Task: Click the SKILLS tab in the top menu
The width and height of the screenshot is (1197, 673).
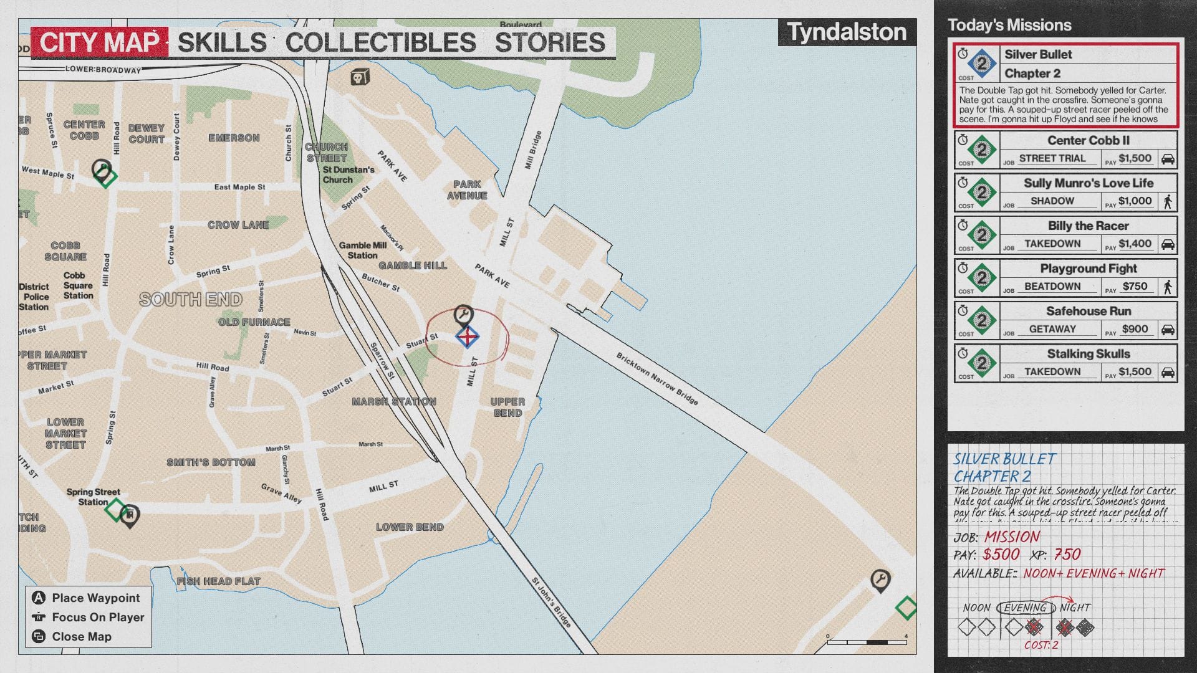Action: click(222, 42)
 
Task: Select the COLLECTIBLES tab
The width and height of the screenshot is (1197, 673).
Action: click(380, 42)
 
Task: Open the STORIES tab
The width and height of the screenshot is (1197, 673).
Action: click(549, 42)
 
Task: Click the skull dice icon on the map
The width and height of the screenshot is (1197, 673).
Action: click(359, 77)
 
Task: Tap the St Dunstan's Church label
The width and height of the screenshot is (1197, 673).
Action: click(348, 174)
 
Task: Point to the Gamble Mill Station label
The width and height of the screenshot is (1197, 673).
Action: click(363, 250)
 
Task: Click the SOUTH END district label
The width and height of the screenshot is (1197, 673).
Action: click(191, 300)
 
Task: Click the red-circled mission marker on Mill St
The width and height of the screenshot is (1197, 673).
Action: click(467, 337)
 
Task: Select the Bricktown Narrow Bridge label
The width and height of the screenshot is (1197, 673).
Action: click(656, 378)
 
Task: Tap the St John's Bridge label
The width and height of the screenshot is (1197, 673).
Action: click(551, 601)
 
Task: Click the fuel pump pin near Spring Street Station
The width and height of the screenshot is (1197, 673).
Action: click(130, 515)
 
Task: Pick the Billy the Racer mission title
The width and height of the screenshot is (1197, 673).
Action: click(1088, 226)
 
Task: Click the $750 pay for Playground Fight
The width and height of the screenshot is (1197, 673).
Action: click(1135, 286)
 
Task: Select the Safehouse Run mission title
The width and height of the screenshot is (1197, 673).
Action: click(1088, 311)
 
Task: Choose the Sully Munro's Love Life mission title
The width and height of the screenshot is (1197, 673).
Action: click(1088, 183)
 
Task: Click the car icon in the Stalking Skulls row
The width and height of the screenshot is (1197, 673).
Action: click(1168, 372)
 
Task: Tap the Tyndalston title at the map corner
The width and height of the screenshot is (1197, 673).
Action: click(847, 32)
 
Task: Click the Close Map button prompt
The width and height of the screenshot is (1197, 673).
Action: click(81, 636)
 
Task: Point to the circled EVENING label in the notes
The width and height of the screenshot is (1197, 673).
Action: click(1025, 608)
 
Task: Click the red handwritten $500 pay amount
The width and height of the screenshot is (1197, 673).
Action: click(1001, 554)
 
